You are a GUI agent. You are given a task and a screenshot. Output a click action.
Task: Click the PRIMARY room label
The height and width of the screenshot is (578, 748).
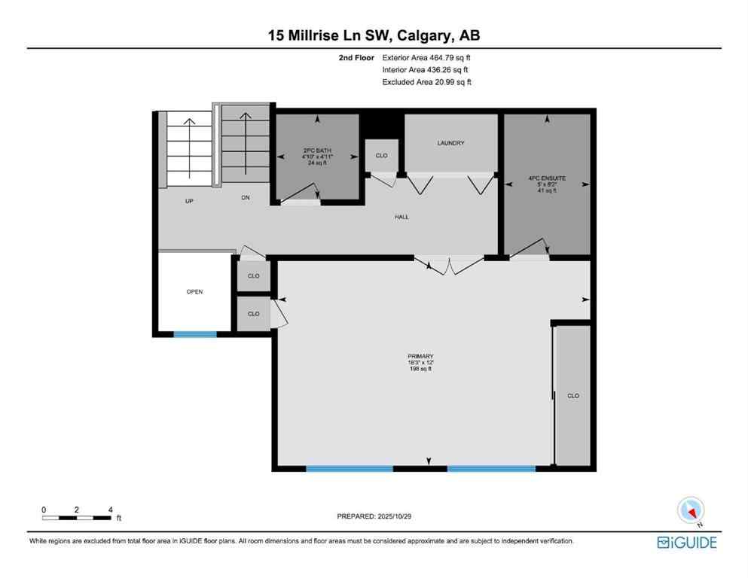(x=420, y=356)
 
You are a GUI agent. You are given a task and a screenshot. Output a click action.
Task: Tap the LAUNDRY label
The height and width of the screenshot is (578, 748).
(x=450, y=143)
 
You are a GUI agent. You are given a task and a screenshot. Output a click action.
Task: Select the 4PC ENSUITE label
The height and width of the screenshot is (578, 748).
(x=547, y=179)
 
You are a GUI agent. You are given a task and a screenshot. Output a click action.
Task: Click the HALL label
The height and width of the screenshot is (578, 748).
(x=401, y=217)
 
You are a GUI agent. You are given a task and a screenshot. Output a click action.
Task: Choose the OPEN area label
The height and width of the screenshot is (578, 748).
(x=194, y=291)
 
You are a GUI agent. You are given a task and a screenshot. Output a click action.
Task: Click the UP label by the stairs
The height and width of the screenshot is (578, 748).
(x=191, y=202)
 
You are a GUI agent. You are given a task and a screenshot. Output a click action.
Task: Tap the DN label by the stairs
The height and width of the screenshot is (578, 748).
(x=245, y=198)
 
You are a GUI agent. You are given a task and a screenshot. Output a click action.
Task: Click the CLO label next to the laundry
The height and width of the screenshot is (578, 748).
(x=381, y=156)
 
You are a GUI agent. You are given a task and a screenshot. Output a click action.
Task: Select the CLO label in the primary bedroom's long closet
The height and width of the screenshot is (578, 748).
(x=573, y=395)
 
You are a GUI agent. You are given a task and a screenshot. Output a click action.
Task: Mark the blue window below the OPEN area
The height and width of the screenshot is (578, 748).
(x=195, y=334)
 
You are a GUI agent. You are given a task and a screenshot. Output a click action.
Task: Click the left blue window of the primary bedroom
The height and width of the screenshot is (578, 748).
(x=350, y=468)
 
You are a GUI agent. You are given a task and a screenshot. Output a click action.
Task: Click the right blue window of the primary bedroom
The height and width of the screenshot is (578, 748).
(x=491, y=468)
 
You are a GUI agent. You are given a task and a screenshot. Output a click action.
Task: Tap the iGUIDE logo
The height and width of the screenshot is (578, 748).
(x=687, y=542)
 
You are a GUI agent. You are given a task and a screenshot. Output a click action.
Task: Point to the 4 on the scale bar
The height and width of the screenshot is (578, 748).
(x=111, y=510)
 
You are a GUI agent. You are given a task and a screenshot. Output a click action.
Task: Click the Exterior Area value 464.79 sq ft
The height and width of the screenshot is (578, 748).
(x=450, y=57)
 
